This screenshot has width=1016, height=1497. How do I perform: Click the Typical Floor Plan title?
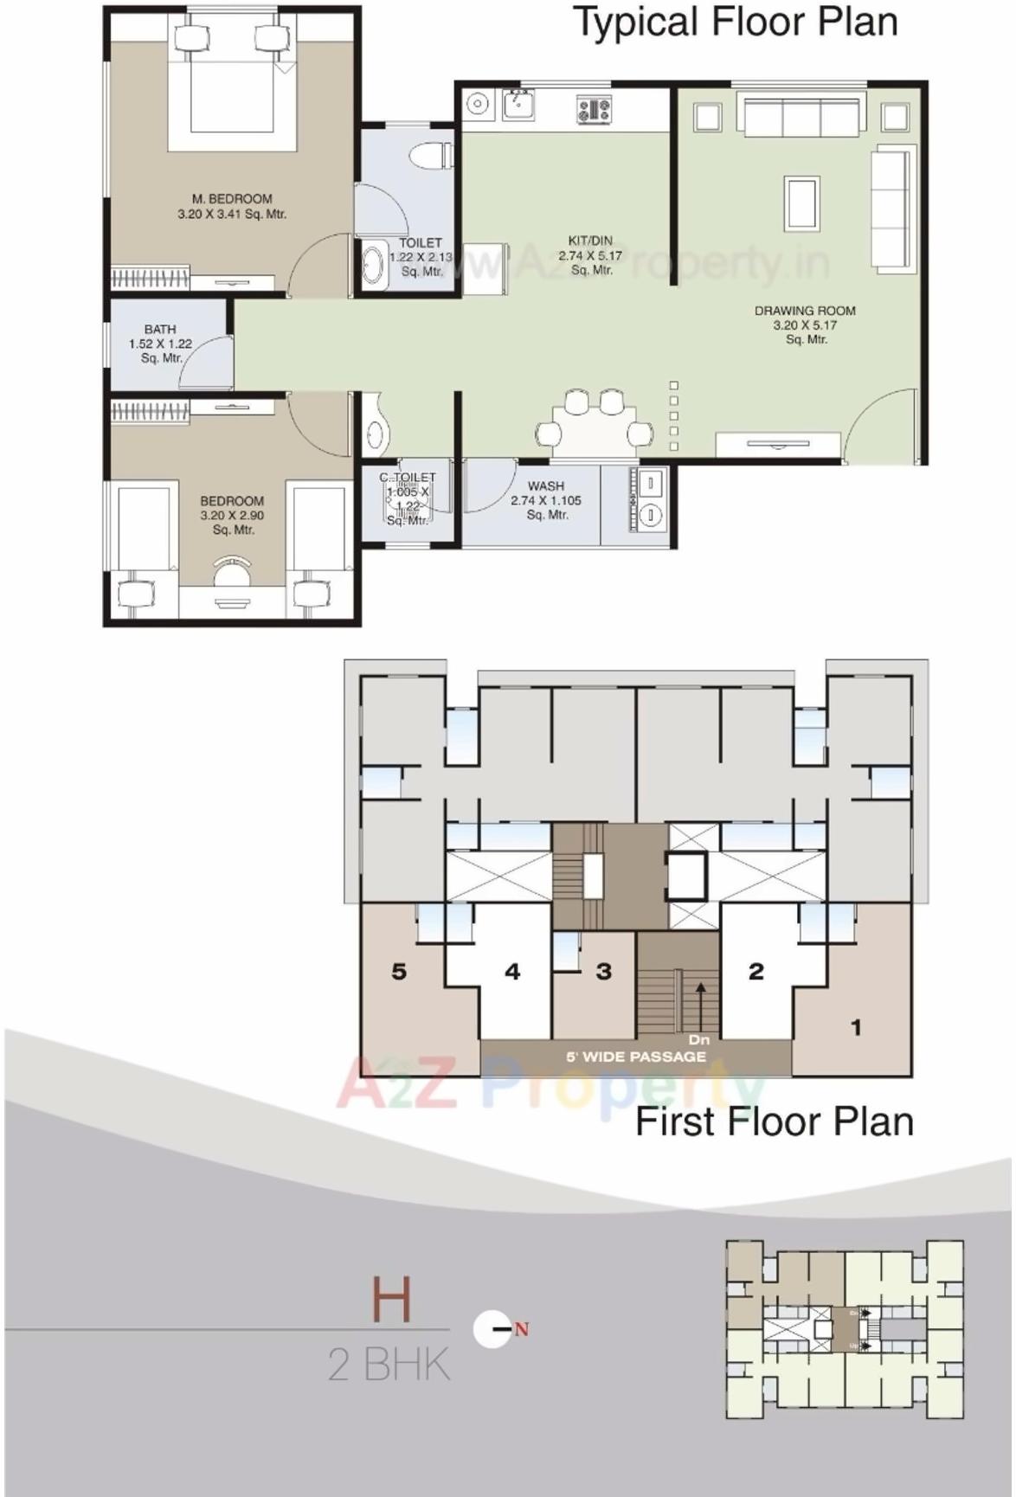pos(736,22)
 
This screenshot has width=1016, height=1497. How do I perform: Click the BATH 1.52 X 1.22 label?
pos(160,343)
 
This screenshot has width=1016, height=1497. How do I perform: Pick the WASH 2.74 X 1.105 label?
pos(545,500)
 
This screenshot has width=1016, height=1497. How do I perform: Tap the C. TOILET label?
pos(408,478)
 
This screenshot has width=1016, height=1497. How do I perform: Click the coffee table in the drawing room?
pos(801,203)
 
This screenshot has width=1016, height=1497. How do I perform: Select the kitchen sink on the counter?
pos(518,105)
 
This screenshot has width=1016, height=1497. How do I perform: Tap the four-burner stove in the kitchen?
pos(594,109)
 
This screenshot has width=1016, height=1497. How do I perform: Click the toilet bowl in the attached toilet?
pos(429,156)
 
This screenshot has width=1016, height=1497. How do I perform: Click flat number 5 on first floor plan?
pos(399,972)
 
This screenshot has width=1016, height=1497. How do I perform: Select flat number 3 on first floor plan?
pos(604,972)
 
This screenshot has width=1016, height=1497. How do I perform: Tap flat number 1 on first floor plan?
pos(856,1028)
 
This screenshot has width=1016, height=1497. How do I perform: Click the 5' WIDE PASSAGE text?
pos(636,1057)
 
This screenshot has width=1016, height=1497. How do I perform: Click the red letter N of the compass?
pos(521,1330)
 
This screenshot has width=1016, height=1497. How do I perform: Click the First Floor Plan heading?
pos(775,1121)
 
